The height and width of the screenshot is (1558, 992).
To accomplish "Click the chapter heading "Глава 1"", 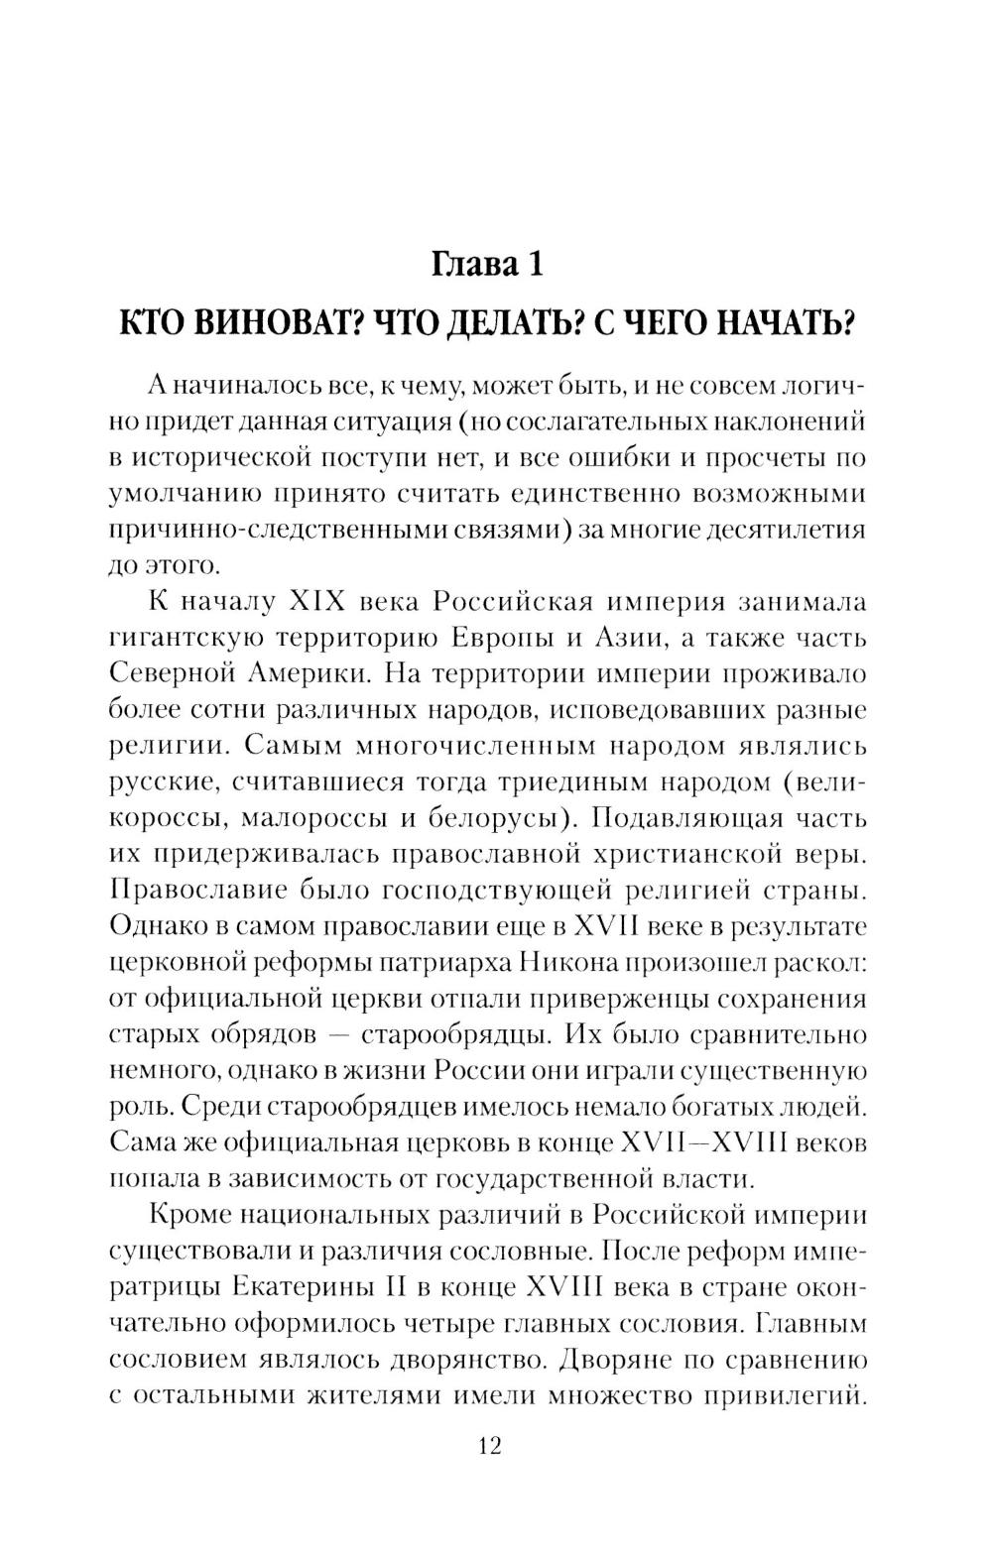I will coord(488,265).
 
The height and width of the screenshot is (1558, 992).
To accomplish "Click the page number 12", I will coord(489,1445).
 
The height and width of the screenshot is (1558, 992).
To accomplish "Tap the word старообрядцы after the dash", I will coord(451,1034).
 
